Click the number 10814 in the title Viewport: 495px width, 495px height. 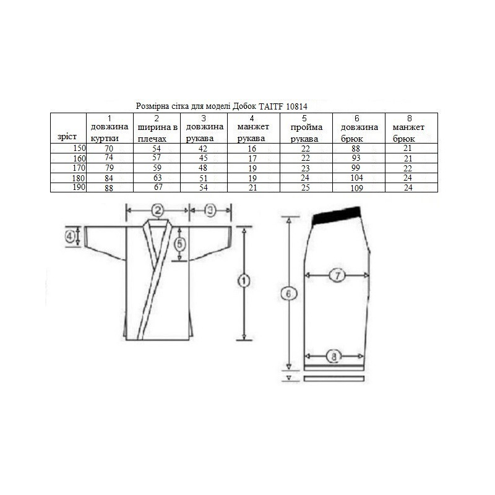pos(297,106)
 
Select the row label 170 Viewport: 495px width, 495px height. pos(79,168)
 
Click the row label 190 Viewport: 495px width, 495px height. pos(79,187)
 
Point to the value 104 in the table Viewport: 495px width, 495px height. pos(357,178)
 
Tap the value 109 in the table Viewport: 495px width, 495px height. pos(357,188)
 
